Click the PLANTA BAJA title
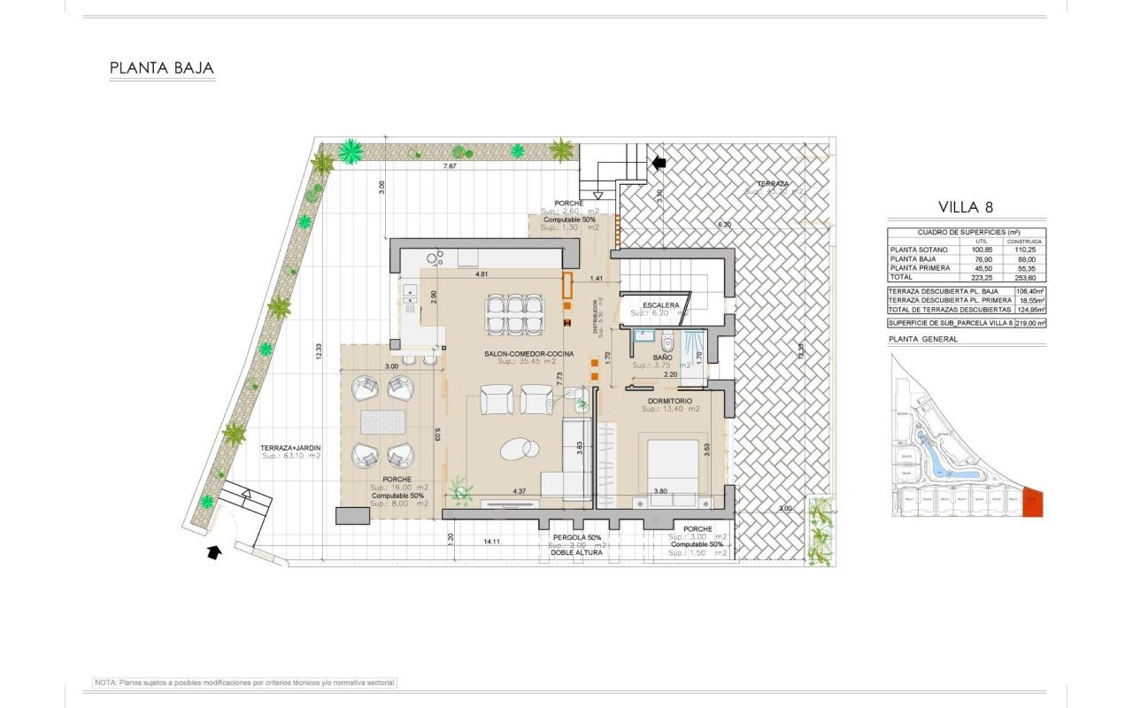pos(162,68)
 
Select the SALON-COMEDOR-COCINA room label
pos(528,354)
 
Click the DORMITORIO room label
pos(670,400)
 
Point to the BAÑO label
pos(663,358)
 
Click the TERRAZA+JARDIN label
pos(290,449)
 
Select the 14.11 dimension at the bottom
pos(492,542)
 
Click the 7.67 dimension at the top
pos(451,166)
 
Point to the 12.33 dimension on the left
pos(319,350)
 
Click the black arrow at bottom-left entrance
pos(212,552)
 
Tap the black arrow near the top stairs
pos(659,162)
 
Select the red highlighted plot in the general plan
pos(1033,502)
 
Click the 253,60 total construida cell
pos(1029,277)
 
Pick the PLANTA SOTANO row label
pos(920,250)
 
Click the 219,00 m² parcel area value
pos(1029,324)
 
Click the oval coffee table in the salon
pos(519,450)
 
